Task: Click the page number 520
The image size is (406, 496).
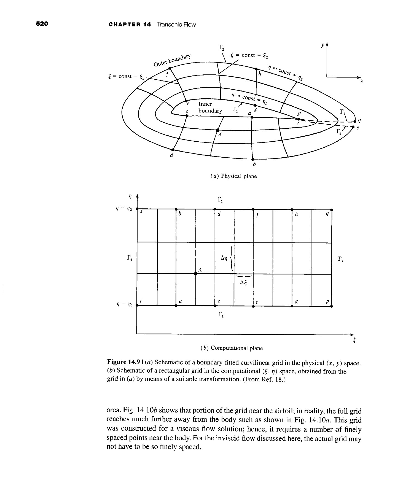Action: (42, 24)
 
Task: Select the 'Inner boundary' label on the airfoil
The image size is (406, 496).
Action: (210, 107)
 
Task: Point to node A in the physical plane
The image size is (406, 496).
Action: (217, 130)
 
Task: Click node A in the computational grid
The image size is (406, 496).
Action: (195, 274)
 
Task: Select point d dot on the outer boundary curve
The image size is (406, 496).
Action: (173, 150)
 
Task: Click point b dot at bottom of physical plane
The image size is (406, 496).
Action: (253, 159)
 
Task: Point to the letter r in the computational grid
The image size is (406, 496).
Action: (141, 301)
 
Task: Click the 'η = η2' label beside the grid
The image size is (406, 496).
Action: (124, 209)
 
